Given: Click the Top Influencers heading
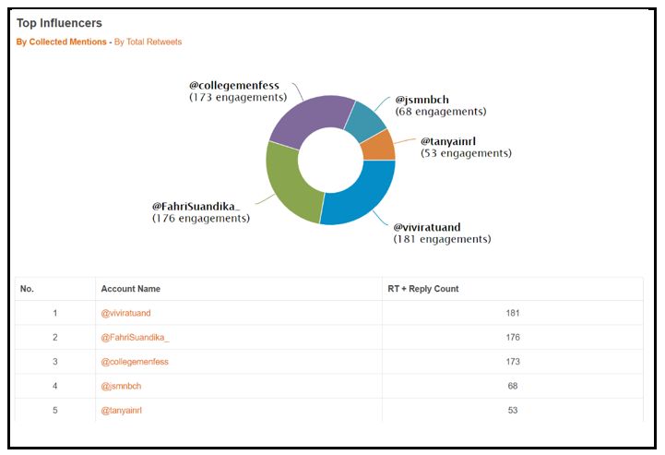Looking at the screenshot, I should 59,23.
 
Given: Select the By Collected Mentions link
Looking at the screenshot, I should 61,42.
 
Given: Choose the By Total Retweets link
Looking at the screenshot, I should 148,42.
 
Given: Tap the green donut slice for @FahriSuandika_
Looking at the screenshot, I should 288,184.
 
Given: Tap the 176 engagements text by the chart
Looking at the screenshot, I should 201,219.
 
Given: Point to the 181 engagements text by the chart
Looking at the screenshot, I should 442,239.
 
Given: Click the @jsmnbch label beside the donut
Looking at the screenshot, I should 423,100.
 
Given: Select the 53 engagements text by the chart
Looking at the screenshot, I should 466,153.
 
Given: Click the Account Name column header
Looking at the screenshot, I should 130,289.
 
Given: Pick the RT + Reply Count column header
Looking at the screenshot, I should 422,289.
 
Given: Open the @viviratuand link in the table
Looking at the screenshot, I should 125,313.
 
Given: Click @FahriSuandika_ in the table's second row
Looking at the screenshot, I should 135,337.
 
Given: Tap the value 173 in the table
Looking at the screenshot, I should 513,361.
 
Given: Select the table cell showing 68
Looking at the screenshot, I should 513,385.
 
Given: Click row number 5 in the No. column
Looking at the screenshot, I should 55,410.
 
